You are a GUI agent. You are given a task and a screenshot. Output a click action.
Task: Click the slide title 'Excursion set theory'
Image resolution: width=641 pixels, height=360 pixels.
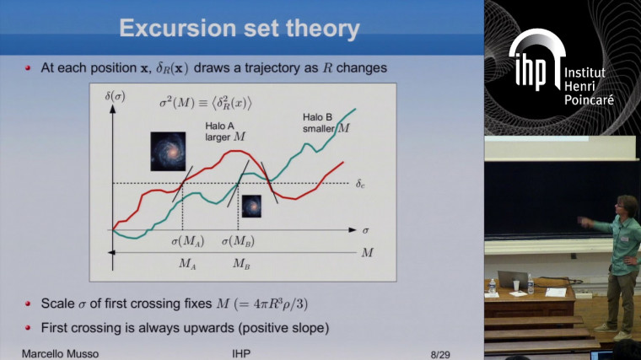[240, 30]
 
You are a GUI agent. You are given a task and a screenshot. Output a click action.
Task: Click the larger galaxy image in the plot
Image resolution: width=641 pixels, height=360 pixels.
[169, 151]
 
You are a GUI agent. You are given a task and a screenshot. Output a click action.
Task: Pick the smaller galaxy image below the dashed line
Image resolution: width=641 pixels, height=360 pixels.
[251, 206]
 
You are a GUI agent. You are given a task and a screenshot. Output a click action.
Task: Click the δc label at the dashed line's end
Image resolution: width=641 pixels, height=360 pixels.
[361, 183]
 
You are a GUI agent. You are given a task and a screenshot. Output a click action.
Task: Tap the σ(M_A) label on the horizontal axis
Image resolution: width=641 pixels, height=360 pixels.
[186, 241]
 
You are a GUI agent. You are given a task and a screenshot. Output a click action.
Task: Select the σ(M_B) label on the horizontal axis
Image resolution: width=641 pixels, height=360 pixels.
[239, 241]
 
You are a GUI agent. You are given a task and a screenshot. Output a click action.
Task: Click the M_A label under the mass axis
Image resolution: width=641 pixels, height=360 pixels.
[188, 262]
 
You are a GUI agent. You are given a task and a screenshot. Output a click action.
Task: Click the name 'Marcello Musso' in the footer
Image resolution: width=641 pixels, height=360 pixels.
[59, 352]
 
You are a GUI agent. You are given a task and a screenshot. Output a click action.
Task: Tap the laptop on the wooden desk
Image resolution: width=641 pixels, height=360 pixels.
[511, 279]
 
